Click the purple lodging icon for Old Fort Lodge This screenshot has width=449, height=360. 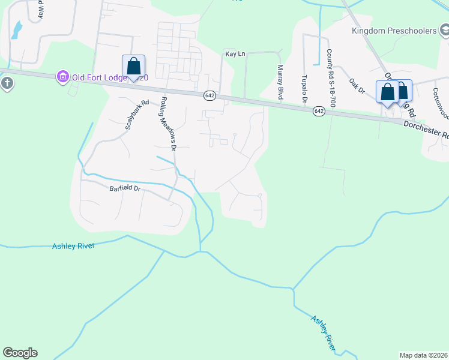(62, 77)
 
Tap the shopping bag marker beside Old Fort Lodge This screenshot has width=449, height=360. (133, 67)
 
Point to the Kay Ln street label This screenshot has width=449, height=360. (235, 54)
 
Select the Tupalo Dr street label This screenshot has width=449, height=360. (304, 88)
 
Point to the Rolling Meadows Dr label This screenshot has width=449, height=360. (168, 124)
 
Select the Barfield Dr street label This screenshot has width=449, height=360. (125, 188)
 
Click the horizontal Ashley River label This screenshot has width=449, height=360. (73, 246)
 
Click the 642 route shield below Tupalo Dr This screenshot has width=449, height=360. (319, 111)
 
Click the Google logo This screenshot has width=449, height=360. (20, 353)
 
